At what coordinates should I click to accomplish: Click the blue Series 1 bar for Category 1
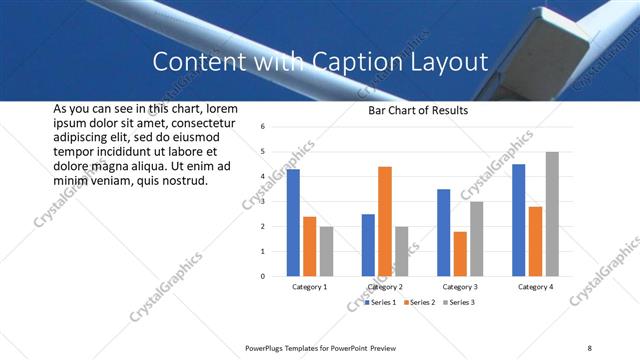(x=293, y=223)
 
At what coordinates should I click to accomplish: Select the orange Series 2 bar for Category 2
(x=385, y=221)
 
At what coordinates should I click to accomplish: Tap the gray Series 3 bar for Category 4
(x=552, y=214)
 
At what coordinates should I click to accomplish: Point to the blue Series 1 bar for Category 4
(x=518, y=220)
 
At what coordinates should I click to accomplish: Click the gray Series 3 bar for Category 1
(x=326, y=251)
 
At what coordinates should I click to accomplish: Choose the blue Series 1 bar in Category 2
(x=368, y=245)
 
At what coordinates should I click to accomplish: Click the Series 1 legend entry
(x=380, y=302)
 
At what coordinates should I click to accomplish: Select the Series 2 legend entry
(x=420, y=302)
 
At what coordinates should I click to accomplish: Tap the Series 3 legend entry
(x=460, y=302)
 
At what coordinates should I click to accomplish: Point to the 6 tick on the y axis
(x=261, y=127)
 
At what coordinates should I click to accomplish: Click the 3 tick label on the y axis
(x=261, y=202)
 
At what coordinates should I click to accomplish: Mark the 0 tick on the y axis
(x=261, y=276)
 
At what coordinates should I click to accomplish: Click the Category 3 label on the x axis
(x=460, y=287)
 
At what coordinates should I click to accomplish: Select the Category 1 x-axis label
(x=310, y=287)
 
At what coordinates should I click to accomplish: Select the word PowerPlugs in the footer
(x=266, y=347)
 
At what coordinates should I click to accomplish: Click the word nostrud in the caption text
(x=185, y=181)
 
